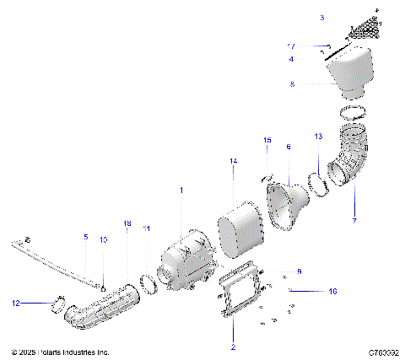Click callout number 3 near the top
click(x=321, y=17)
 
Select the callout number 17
click(x=315, y=46)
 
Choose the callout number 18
click(x=127, y=223)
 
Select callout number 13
click(x=317, y=136)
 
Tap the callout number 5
click(x=85, y=237)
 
